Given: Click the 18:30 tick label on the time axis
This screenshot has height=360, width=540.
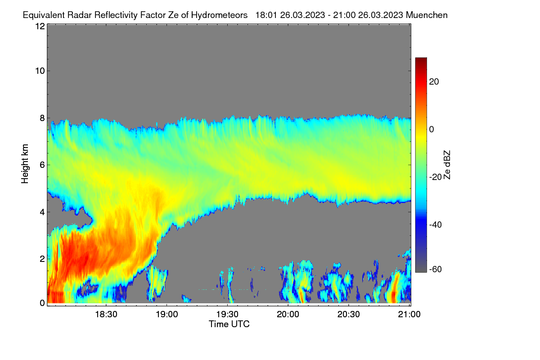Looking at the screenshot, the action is pos(106,315).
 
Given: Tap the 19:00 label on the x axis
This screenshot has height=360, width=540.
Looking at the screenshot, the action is pos(167,315).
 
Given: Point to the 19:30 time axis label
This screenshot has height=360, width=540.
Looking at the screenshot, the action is pos(227,315).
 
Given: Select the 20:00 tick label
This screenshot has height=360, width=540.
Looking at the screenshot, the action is pos(288,315).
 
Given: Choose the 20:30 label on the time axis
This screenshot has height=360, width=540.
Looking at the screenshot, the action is pos(349,315).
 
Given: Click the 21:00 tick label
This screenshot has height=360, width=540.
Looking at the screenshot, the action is pos(409,315).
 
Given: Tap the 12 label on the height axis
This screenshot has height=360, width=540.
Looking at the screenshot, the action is pos(40,26).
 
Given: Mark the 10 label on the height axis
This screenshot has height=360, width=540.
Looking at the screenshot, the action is pos(40,71).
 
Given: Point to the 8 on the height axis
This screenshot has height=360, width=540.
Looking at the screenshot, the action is pos(42,118).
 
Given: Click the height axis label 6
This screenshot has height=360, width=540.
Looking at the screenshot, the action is pos(42,165).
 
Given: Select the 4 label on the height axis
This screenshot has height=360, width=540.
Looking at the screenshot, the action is pos(42,212).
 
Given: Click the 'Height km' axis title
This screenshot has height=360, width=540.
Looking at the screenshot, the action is pos(25,164).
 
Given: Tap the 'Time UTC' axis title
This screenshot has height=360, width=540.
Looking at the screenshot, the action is pos(229,324).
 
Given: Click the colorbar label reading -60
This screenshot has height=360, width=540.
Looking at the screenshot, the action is pos(436,270).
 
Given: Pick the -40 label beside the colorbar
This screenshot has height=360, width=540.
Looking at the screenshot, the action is pos(436,225).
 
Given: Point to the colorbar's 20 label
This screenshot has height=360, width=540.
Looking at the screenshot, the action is pos(434,82).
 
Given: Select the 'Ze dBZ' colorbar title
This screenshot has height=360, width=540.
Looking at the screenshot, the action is pos(447,165).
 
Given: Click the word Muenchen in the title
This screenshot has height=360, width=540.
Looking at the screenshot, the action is pos(427,15).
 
